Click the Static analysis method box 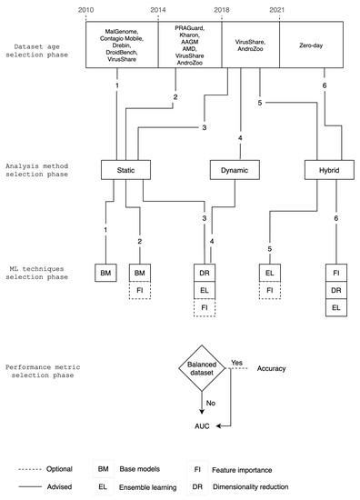point(125,168)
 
